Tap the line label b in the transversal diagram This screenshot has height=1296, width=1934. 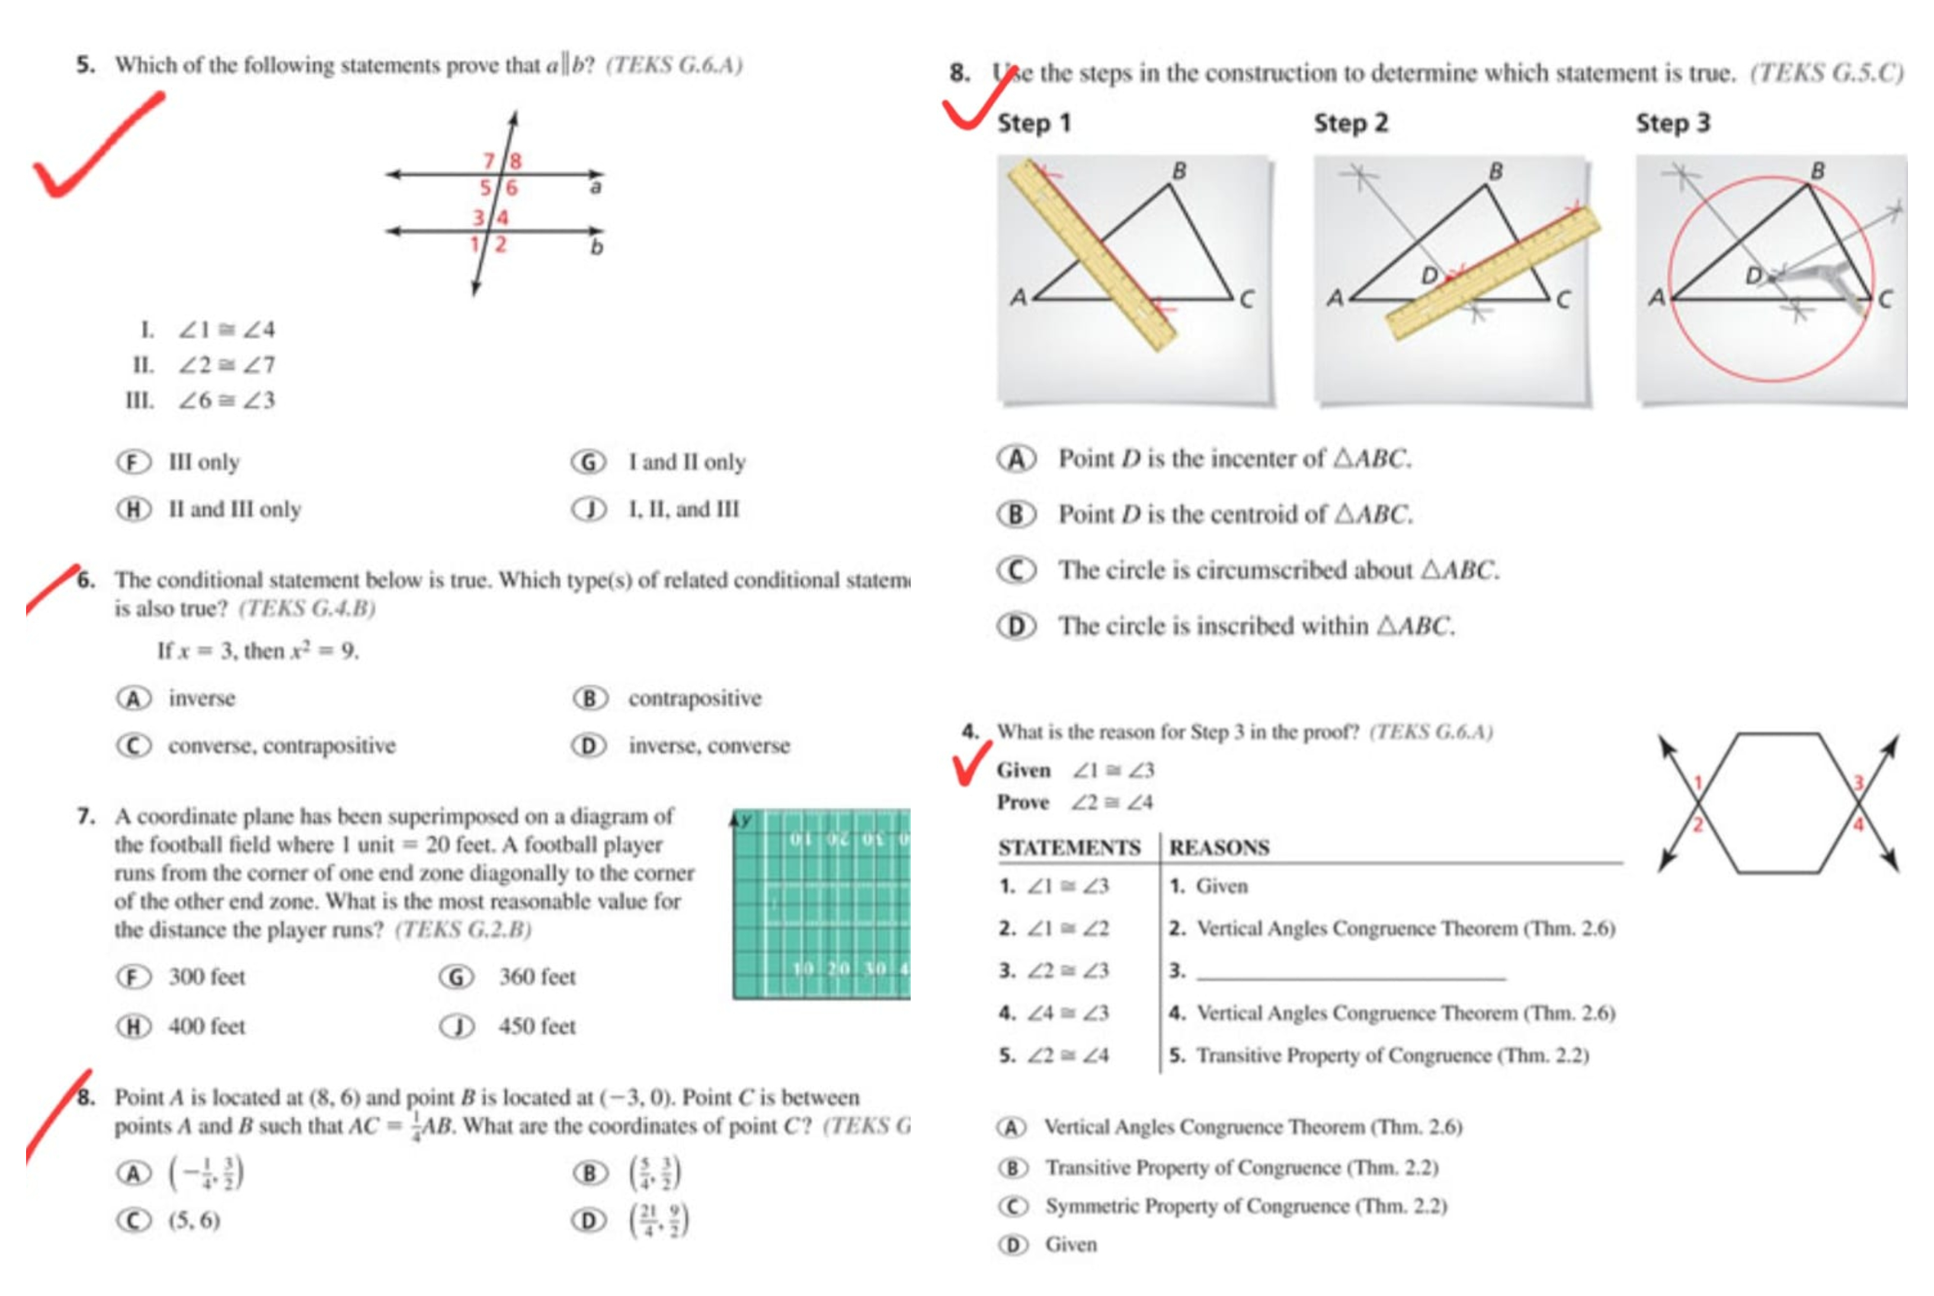(597, 247)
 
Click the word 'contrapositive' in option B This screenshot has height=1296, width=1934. (694, 699)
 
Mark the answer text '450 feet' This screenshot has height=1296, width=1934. (536, 1026)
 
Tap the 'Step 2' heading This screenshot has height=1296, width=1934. (1350, 123)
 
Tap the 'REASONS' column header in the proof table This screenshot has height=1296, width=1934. (1219, 847)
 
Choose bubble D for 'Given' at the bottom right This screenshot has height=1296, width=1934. (1013, 1245)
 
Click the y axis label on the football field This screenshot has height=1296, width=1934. (747, 820)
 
